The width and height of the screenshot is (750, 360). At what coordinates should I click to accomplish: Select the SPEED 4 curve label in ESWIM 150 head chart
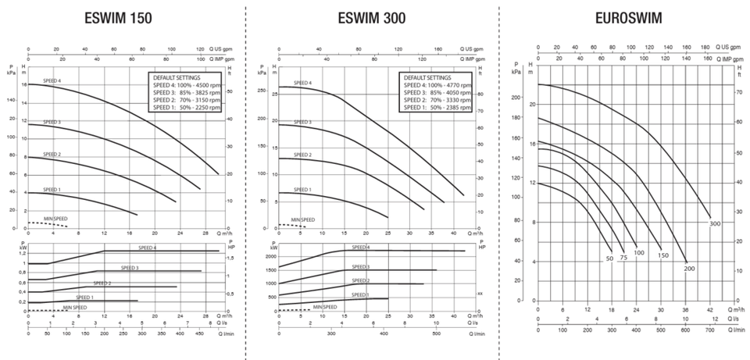(x=52, y=92)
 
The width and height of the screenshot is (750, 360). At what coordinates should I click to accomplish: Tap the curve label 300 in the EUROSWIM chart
(x=714, y=224)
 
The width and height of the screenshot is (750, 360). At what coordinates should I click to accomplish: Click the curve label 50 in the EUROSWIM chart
(x=609, y=258)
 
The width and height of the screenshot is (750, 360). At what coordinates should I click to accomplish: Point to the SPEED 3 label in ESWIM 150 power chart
(x=130, y=268)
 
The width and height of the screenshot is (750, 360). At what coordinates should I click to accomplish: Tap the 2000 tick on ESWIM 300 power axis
(x=270, y=256)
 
